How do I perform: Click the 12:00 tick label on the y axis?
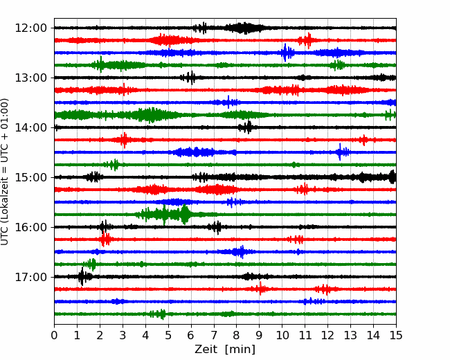(30, 28)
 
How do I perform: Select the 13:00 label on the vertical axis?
(30, 78)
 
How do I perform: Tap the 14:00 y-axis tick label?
(30, 127)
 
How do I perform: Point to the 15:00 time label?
(30, 177)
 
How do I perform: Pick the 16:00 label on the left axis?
(30, 227)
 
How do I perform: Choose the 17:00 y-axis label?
(30, 277)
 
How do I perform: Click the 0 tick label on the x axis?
(54, 335)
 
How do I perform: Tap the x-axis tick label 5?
(168, 335)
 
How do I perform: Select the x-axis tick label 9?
(260, 335)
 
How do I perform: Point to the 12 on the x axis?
(327, 335)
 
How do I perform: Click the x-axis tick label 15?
(396, 335)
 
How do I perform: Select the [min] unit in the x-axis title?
(240, 350)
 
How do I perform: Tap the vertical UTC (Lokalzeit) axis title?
(5, 172)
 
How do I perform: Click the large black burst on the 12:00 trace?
(244, 28)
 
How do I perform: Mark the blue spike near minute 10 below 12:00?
(285, 53)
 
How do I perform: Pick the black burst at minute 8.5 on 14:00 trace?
(248, 127)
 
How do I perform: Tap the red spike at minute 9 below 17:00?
(260, 289)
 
